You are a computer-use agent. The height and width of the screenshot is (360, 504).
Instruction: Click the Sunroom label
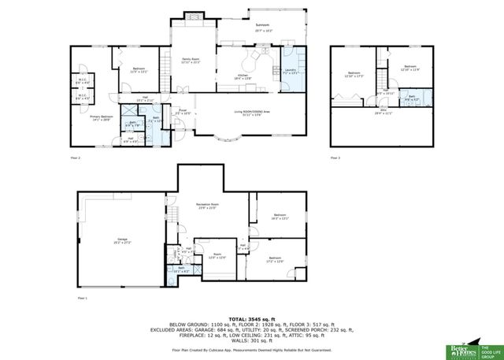coord(261,26)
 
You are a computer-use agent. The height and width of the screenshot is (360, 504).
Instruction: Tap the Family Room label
coord(190,61)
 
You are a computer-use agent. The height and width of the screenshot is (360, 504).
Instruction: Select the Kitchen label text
coord(242,76)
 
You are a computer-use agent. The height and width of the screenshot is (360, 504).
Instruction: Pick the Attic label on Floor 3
coord(384,111)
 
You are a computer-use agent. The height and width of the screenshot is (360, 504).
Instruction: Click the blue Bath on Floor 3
coord(411,99)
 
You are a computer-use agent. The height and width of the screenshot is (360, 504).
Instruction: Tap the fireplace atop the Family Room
coord(193,17)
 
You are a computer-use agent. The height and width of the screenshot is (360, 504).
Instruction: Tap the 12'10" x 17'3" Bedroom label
coord(352,76)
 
